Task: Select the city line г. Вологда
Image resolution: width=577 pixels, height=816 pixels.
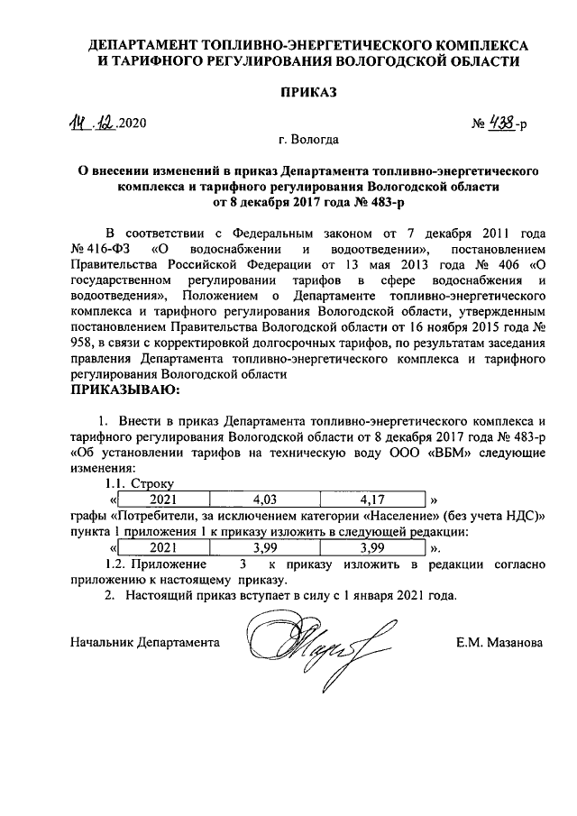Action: pyautogui.click(x=308, y=140)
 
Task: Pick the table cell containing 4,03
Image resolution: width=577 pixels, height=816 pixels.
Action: pyautogui.click(x=264, y=499)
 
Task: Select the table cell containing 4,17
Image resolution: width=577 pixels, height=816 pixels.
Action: pyautogui.click(x=371, y=499)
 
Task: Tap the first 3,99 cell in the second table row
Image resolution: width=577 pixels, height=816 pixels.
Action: pyautogui.click(x=264, y=547)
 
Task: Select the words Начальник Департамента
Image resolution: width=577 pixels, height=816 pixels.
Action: pyautogui.click(x=145, y=643)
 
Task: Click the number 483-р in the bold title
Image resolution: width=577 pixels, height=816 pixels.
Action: pyautogui.click(x=386, y=202)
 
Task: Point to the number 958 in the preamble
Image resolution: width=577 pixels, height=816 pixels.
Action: pyautogui.click(x=81, y=345)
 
